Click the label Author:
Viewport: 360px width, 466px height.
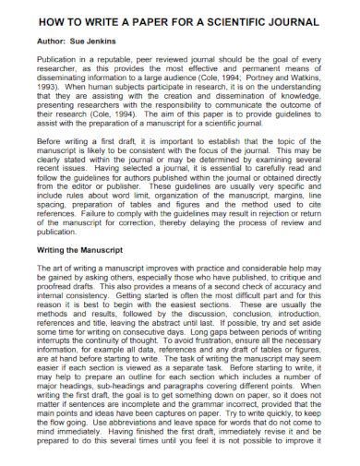pyautogui.click(x=36, y=42)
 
